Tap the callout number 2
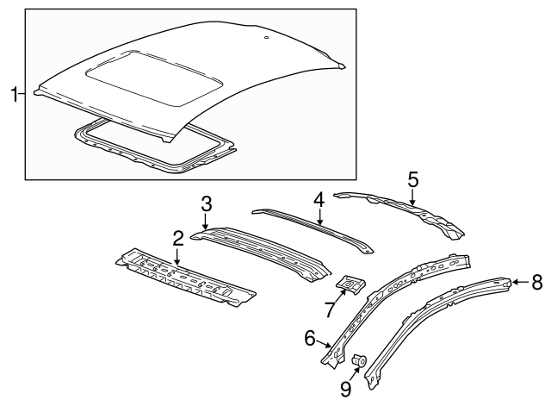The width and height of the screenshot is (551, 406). tap(177, 237)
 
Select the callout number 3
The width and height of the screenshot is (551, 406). tap(207, 203)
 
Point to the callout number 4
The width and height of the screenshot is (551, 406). tap(319, 199)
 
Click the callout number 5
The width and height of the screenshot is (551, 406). tap(412, 179)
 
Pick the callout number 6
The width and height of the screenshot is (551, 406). tap(309, 338)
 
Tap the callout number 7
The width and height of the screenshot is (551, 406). tap(328, 309)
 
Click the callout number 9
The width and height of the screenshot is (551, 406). tap(345, 390)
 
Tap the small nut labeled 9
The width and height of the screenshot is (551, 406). tap(360, 360)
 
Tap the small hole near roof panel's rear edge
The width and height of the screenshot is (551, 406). tap(267, 38)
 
